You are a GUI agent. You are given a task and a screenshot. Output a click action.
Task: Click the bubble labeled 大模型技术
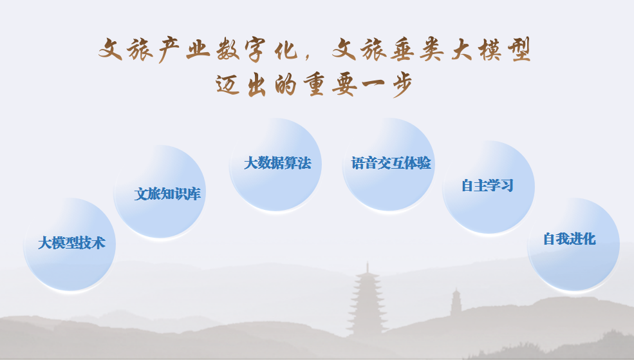[x=70, y=244]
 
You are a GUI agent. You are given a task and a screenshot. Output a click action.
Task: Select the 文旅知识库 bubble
[x=160, y=192]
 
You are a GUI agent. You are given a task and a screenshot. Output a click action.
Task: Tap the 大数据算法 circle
[x=275, y=165]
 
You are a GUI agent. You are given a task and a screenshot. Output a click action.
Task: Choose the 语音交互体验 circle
[x=389, y=165]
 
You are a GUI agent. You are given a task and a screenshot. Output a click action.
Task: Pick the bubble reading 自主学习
[x=489, y=187]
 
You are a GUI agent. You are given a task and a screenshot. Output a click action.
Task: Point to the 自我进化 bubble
[x=573, y=244]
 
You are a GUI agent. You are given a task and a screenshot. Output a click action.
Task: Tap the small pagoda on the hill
[x=456, y=302]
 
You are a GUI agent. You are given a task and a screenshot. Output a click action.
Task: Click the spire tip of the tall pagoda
[x=367, y=262]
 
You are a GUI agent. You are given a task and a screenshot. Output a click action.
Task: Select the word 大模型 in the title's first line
[x=490, y=50]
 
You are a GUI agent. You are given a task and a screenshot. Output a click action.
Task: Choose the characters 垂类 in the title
[x=417, y=50]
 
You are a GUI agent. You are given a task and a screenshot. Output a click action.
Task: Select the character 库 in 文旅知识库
[x=194, y=194]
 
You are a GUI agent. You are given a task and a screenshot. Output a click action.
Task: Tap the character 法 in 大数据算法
[x=304, y=163]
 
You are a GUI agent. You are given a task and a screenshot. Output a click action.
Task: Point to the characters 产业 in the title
[x=184, y=50]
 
